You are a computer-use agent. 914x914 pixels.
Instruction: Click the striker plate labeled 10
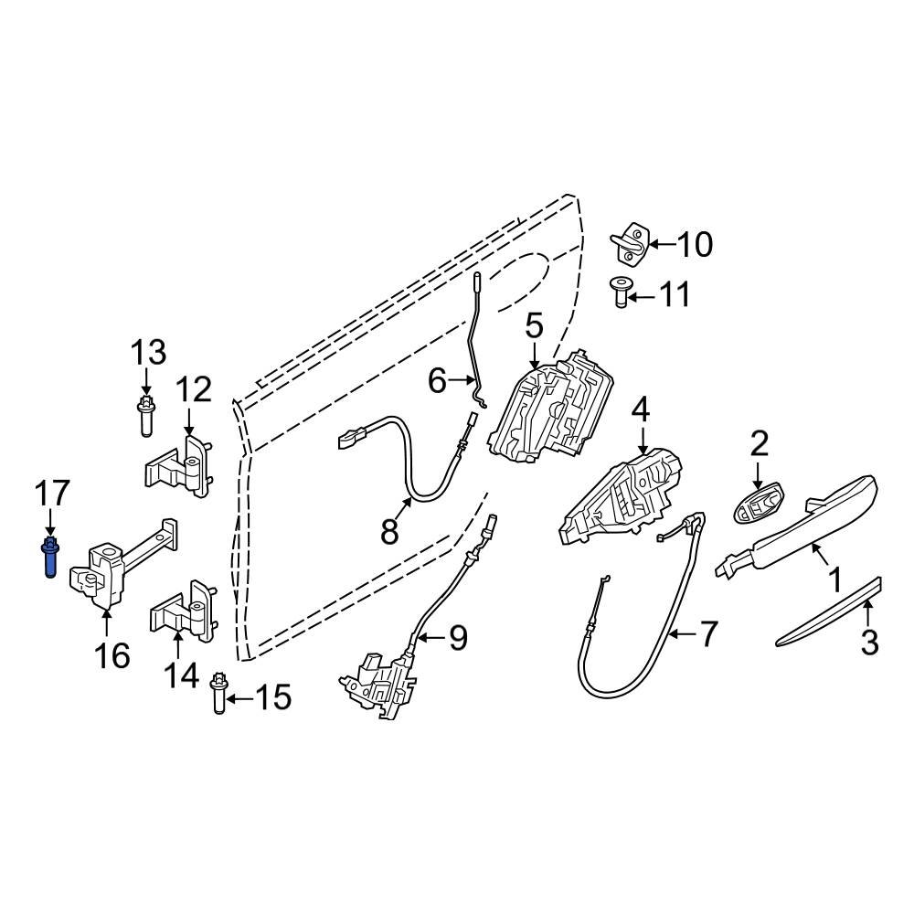tap(631, 243)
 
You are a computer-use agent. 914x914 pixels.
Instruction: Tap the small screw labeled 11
tap(619, 295)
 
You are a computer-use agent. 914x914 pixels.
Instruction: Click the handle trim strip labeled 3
tap(827, 612)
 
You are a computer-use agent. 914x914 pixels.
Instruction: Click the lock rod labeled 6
tap(472, 347)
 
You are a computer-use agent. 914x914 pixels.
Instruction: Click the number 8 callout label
tap(390, 533)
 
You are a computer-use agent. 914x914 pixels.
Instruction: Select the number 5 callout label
tap(533, 324)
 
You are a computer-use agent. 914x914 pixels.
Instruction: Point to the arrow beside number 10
tap(663, 244)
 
